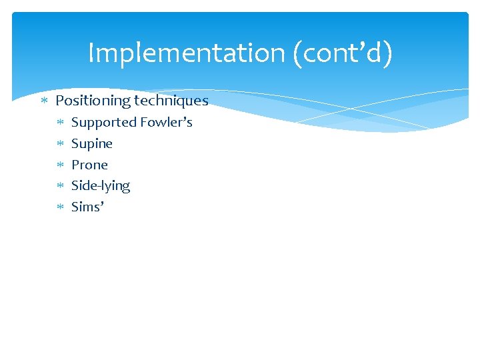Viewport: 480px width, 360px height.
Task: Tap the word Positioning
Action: pyautogui.click(x=93, y=101)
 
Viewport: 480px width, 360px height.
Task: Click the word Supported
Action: pyautogui.click(x=103, y=122)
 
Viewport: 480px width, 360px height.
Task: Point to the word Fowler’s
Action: pyautogui.click(x=166, y=122)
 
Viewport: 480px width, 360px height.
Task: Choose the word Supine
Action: pyautogui.click(x=92, y=143)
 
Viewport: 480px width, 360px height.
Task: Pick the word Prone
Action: pyautogui.click(x=89, y=165)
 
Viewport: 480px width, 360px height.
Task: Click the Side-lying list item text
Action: pyautogui.click(x=101, y=185)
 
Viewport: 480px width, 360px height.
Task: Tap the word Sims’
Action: pyautogui.click(x=87, y=207)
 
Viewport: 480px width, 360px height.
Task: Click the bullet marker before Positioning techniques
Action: pyautogui.click(x=44, y=101)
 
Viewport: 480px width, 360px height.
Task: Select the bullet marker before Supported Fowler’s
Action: pyautogui.click(x=59, y=123)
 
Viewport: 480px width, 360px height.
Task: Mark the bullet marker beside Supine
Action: pyautogui.click(x=59, y=144)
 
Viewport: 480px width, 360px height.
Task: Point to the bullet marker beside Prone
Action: pyautogui.click(x=59, y=165)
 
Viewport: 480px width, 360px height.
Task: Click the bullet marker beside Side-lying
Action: pyautogui.click(x=59, y=186)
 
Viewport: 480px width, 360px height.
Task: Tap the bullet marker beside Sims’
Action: pyautogui.click(x=59, y=207)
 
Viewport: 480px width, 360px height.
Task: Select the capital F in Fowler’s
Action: pyautogui.click(x=143, y=122)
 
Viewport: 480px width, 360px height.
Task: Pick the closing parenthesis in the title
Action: pyautogui.click(x=388, y=53)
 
